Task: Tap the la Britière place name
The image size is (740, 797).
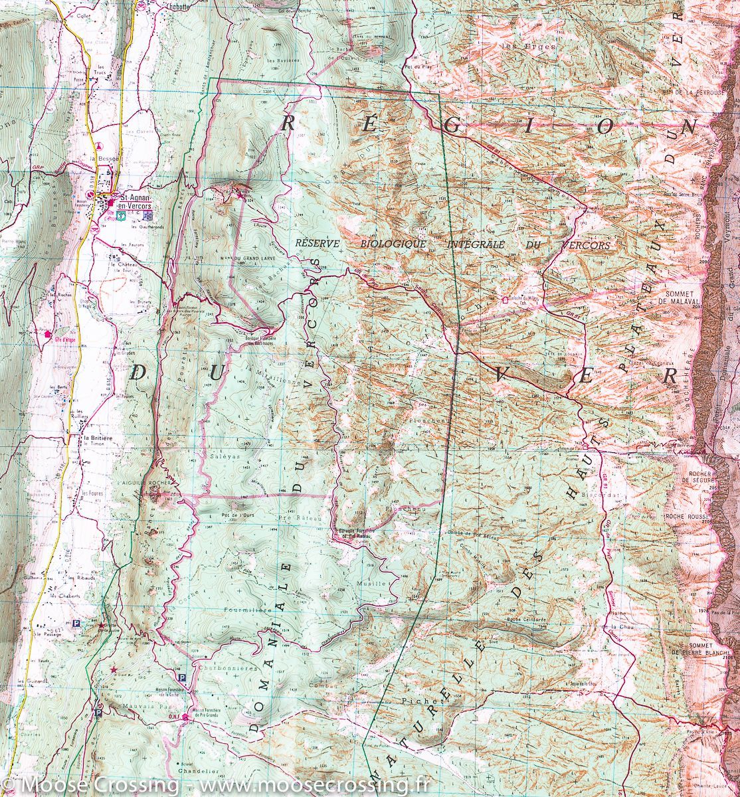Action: pyautogui.click(x=95, y=438)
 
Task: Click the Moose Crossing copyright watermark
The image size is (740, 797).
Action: pyautogui.click(x=213, y=786)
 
